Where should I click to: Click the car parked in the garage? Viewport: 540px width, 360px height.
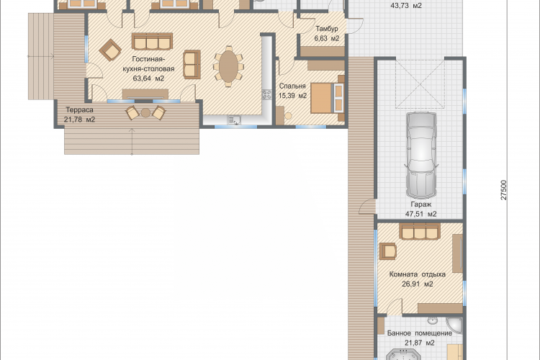pyautogui.click(x=421, y=154)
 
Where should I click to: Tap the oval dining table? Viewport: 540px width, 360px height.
pyautogui.click(x=228, y=66)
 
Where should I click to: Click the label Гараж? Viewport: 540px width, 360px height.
pyautogui.click(x=421, y=204)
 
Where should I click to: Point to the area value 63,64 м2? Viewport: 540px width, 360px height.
pyautogui.click(x=148, y=78)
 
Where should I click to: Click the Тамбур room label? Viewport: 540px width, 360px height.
pyautogui.click(x=327, y=29)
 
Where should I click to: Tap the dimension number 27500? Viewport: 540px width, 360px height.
pyautogui.click(x=503, y=190)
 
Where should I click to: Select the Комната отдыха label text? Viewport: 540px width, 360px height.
pyautogui.click(x=418, y=274)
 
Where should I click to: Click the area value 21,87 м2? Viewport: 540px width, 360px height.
pyautogui.click(x=420, y=343)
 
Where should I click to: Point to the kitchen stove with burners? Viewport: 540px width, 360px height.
pyautogui.click(x=267, y=94)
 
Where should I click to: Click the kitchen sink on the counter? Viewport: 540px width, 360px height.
pyautogui.click(x=234, y=120)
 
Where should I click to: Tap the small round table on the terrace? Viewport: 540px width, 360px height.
pyautogui.click(x=145, y=112)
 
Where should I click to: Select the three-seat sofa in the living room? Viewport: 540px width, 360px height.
pyautogui.click(x=152, y=41)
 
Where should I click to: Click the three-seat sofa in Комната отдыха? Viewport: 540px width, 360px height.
pyautogui.click(x=420, y=231)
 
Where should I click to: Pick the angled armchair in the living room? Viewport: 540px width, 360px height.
pyautogui.click(x=110, y=50)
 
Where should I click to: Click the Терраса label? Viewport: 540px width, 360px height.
pyautogui.click(x=79, y=110)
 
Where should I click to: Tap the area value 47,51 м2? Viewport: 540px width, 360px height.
pyautogui.click(x=421, y=214)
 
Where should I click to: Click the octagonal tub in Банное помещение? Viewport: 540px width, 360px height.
pyautogui.click(x=402, y=355)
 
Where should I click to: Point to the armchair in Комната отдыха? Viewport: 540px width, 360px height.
pyautogui.click(x=388, y=251)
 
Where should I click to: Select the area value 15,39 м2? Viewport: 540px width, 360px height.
pyautogui.click(x=292, y=96)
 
